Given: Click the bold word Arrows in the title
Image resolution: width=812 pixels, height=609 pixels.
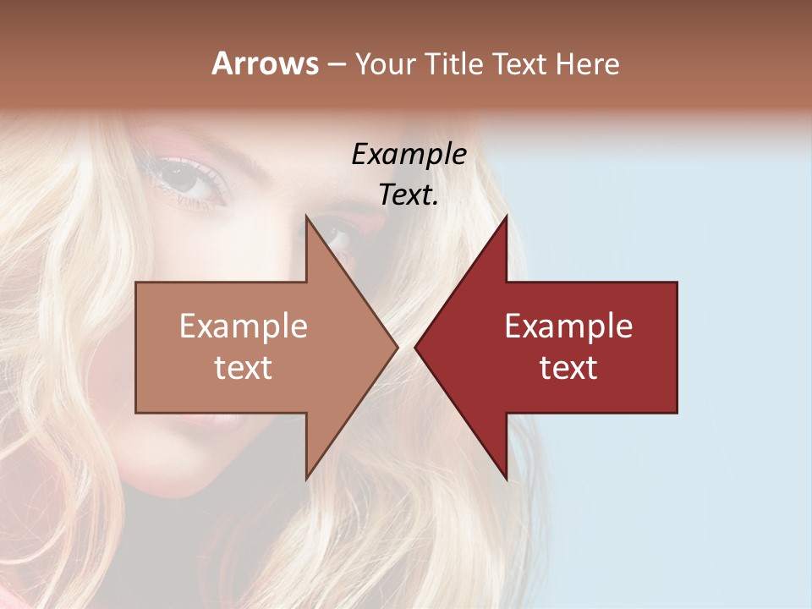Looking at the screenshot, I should (265, 63).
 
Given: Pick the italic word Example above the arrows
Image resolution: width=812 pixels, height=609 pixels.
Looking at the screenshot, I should (409, 155).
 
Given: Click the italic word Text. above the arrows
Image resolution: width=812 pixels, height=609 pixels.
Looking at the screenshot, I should (409, 195).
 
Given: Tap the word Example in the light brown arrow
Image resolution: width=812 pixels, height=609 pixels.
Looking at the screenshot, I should (244, 326).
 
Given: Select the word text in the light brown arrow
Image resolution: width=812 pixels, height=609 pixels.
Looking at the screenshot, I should (244, 368).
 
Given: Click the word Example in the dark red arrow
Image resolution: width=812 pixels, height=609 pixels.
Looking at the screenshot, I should (568, 326).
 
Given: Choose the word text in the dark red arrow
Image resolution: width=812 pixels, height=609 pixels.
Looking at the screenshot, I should (568, 368).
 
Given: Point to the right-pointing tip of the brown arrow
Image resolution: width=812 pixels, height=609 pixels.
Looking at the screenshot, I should (397, 347).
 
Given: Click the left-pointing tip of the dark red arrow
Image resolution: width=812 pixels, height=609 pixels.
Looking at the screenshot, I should (415, 347).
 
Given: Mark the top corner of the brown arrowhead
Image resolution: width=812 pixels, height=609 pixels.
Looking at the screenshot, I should (307, 216).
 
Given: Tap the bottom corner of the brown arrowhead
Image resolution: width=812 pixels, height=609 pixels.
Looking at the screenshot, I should (307, 478).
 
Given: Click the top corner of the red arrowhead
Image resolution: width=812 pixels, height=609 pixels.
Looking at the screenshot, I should (506, 216).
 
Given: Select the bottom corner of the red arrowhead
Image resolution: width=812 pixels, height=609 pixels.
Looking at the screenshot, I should (506, 478).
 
